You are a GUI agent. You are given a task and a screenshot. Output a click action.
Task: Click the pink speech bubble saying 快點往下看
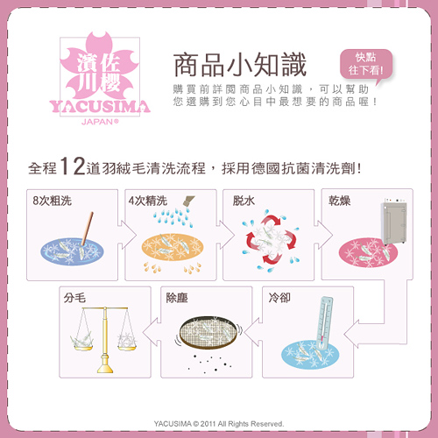click(x=366, y=65)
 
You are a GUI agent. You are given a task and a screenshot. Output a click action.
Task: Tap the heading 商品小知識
click(x=240, y=65)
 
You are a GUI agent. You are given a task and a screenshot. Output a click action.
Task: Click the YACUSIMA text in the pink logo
click(x=100, y=107)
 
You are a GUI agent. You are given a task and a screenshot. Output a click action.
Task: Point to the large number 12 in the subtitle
click(x=72, y=166)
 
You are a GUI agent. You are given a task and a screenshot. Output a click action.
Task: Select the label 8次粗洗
click(x=53, y=201)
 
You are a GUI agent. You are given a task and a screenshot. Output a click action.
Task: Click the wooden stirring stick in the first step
click(x=88, y=229)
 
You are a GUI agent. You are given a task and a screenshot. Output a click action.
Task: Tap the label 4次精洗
click(x=148, y=201)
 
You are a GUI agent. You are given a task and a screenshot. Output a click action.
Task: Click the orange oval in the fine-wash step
click(x=173, y=247)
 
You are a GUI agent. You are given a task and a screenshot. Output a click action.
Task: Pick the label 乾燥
click(x=339, y=201)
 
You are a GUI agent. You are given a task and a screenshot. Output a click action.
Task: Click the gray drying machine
click(x=394, y=221)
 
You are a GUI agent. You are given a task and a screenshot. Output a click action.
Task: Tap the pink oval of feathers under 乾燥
click(x=368, y=253)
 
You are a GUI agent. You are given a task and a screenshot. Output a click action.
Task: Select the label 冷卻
click(x=279, y=298)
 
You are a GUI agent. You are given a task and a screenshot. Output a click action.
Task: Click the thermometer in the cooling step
click(x=325, y=323)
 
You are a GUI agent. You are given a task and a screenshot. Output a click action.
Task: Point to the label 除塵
click(x=177, y=298)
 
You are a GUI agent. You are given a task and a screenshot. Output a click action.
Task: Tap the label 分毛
click(x=74, y=298)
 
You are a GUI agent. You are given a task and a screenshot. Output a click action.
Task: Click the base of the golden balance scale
click(x=105, y=365)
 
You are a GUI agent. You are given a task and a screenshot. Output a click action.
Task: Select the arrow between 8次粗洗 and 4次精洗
click(x=127, y=235)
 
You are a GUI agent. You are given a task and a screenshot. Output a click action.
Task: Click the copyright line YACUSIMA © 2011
click(x=219, y=424)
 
